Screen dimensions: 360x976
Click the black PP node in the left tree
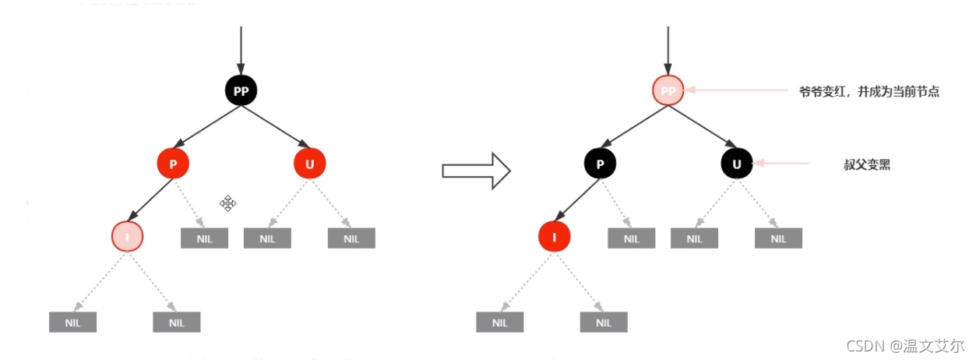pyautogui.click(x=241, y=91)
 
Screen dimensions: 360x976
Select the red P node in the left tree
pyautogui.click(x=173, y=164)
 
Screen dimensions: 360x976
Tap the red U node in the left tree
pyautogui.click(x=310, y=164)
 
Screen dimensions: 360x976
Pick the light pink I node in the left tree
pyautogui.click(x=128, y=236)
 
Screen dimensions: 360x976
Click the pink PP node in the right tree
pyautogui.click(x=668, y=91)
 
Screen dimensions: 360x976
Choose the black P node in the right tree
pyautogui.click(x=601, y=164)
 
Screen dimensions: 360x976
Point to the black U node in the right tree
pyautogui.click(x=737, y=164)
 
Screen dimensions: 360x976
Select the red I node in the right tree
pyautogui.click(x=555, y=236)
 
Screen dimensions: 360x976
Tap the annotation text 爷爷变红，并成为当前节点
pyautogui.click(x=869, y=92)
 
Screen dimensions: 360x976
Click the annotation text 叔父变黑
pyautogui.click(x=867, y=165)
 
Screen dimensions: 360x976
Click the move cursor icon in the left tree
pyautogui.click(x=227, y=203)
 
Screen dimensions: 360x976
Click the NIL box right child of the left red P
pyautogui.click(x=204, y=238)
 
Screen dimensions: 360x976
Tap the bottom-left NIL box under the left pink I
pyautogui.click(x=72, y=322)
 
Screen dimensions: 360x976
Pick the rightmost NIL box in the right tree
pyautogui.click(x=778, y=238)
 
